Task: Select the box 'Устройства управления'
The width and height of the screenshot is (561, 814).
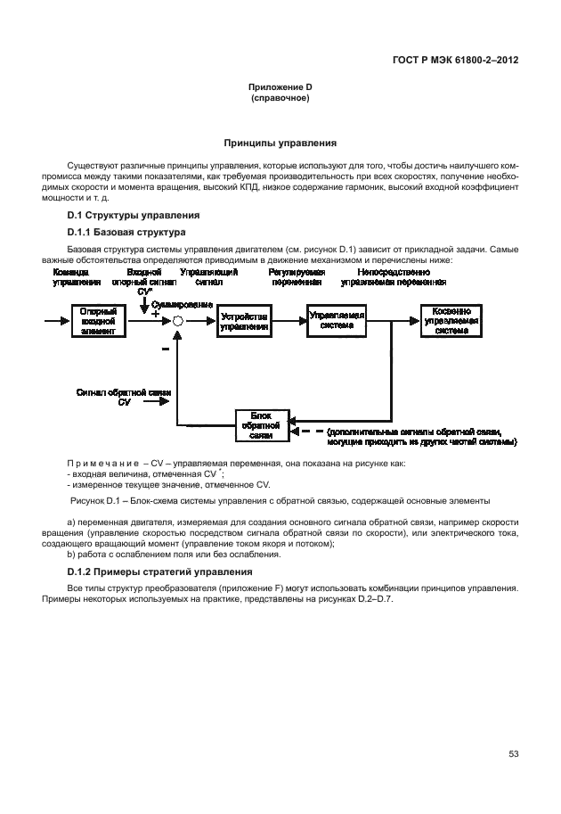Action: pyautogui.click(x=244, y=321)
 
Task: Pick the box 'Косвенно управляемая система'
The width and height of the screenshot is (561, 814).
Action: pyautogui.click(x=451, y=322)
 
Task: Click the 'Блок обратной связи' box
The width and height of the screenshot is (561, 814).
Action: pyautogui.click(x=261, y=425)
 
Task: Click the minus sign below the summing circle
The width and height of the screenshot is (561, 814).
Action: pyautogui.click(x=166, y=350)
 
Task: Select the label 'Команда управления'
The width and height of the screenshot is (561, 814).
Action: pyautogui.click(x=71, y=276)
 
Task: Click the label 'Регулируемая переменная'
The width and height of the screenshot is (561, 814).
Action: pyautogui.click(x=297, y=276)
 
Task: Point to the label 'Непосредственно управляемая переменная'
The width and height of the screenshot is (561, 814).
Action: pyautogui.click(x=393, y=276)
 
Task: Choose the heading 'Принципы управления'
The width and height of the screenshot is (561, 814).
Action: pyautogui.click(x=280, y=143)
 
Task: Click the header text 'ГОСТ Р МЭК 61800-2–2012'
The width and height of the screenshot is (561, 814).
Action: pyautogui.click(x=455, y=60)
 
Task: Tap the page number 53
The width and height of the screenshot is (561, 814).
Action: pyautogui.click(x=514, y=754)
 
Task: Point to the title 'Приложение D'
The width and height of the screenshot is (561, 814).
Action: pyautogui.click(x=280, y=86)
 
